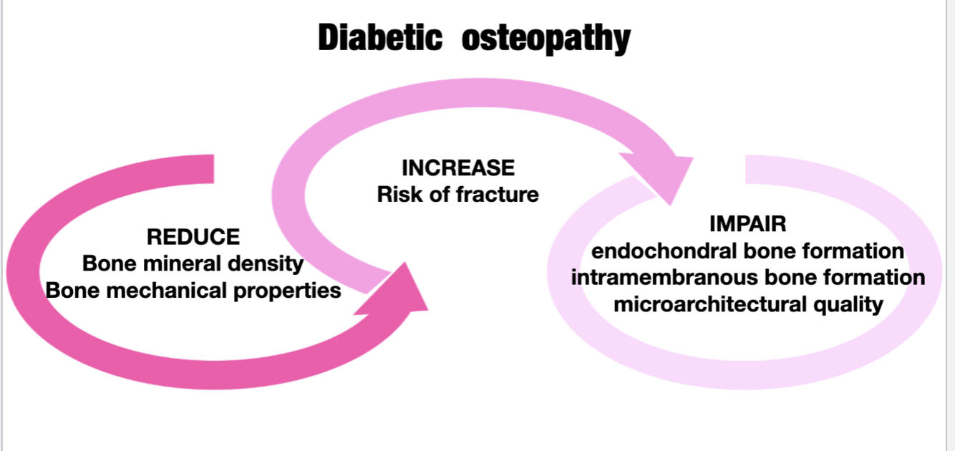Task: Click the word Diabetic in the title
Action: (x=379, y=37)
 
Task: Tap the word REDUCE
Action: (x=193, y=237)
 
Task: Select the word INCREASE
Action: (x=458, y=168)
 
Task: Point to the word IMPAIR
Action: (x=747, y=224)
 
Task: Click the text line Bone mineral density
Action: (x=193, y=263)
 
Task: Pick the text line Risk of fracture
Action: (x=458, y=194)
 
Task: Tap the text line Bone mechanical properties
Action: (x=193, y=291)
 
